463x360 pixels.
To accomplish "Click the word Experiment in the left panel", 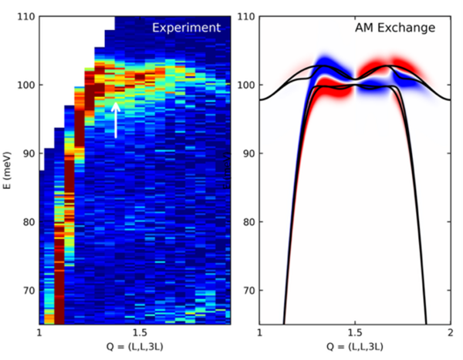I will coord(186,28).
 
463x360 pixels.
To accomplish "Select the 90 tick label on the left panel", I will coord(28,153).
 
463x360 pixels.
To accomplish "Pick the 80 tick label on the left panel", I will coord(28,222).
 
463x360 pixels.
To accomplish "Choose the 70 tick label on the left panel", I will coord(28,291).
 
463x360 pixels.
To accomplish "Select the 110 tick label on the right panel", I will coord(245,15).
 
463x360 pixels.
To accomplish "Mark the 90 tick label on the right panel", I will coord(248,153).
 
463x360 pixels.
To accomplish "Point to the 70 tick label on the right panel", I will coord(248,291).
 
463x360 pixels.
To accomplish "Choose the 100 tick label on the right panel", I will coord(245,84).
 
